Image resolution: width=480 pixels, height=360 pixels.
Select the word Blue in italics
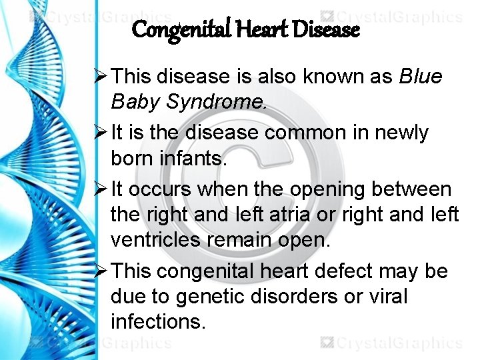[x=420, y=77]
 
